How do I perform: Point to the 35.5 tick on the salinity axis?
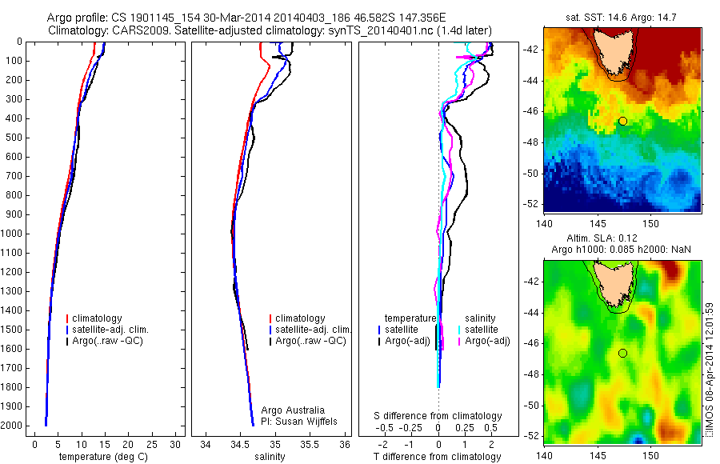click(x=310, y=443)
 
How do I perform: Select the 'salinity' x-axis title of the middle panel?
click(x=269, y=457)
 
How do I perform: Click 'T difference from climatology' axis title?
click(x=438, y=457)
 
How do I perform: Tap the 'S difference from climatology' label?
click(x=438, y=416)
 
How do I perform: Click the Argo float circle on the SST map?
click(x=622, y=121)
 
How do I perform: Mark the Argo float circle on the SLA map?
click(x=622, y=353)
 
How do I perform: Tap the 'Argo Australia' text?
click(x=293, y=410)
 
